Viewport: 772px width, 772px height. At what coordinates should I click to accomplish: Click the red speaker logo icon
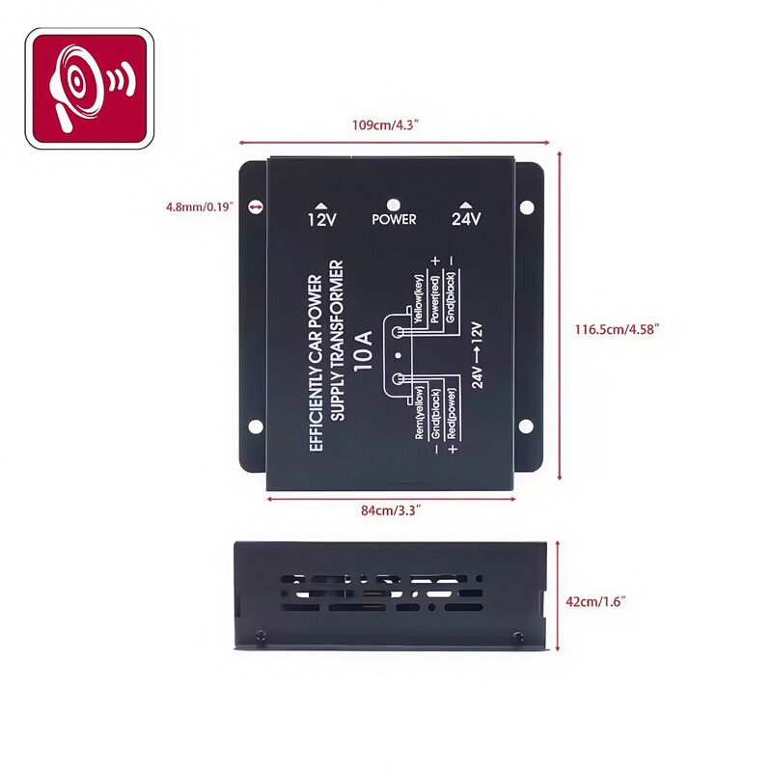90,89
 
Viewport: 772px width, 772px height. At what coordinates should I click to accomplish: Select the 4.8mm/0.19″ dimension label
201,207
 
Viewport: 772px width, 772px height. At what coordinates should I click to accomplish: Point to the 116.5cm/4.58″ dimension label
617,329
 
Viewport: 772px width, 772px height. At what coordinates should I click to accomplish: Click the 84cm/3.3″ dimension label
391,510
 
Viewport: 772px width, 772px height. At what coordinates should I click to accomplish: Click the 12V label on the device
320,219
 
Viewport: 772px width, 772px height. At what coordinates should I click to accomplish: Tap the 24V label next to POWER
466,219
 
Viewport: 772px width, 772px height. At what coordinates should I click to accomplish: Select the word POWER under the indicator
394,220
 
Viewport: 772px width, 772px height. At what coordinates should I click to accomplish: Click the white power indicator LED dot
394,205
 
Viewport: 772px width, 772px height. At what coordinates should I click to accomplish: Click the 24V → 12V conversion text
476,353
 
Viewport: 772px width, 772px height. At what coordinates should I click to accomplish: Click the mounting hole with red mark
256,207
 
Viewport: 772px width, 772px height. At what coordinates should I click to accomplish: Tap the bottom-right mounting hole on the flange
527,427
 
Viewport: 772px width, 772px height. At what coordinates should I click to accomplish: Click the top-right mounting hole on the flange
527,207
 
